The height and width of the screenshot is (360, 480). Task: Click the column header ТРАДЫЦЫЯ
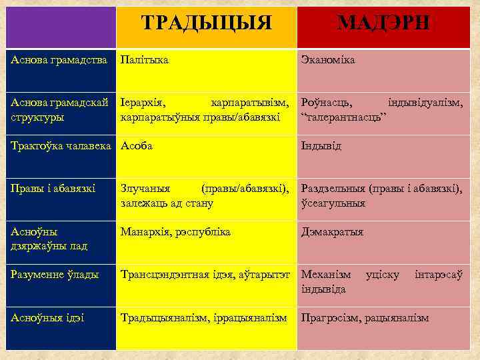[207, 23]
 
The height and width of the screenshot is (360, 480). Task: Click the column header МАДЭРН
[383, 23]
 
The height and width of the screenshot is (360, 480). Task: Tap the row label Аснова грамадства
[59, 61]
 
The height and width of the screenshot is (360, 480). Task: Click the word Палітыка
[144, 61]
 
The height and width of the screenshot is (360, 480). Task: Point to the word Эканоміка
[328, 61]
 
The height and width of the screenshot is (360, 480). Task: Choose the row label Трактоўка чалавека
[61, 146]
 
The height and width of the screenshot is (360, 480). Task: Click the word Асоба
[137, 146]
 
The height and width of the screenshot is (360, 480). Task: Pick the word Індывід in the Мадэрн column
[321, 146]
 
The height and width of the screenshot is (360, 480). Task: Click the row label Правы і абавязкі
[53, 189]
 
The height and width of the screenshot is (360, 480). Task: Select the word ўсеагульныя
[333, 203]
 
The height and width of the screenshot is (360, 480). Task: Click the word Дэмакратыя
[332, 232]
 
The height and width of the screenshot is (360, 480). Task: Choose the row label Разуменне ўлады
[55, 275]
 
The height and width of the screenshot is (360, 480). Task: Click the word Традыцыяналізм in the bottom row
[159, 317]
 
